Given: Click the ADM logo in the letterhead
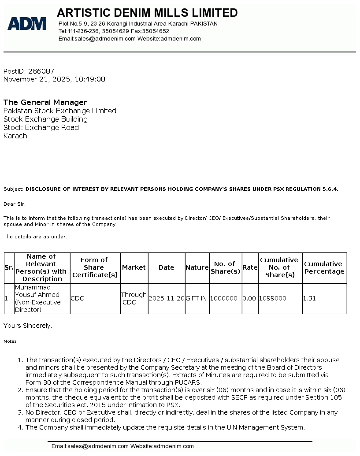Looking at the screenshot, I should [27, 23].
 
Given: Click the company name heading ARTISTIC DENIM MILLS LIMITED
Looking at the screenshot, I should [147, 13].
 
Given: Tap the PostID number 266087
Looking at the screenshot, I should [41, 71].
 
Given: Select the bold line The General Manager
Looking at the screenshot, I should [45, 102].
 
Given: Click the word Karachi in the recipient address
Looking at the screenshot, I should [16, 136].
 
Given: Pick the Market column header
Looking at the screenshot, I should [134, 267].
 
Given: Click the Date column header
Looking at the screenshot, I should [166, 267].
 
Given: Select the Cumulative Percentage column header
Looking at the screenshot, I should [324, 267].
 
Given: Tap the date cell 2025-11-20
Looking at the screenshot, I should [167, 298].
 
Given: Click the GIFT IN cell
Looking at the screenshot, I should [197, 298].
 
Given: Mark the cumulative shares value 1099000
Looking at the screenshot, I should [273, 298].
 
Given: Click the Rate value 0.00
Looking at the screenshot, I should [249, 298].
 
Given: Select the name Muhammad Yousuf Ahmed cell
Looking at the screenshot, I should [37, 298].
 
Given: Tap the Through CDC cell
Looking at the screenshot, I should [134, 298].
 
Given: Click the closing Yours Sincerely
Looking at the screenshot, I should [28, 326].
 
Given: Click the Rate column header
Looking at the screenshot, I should [250, 267].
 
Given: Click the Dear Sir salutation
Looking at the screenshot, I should [15, 204].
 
